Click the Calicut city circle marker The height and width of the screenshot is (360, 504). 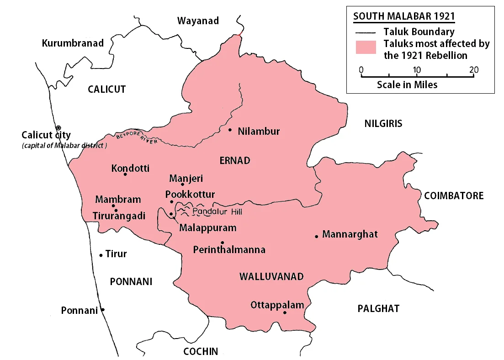(x=58, y=127)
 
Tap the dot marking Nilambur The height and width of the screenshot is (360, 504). (x=230, y=130)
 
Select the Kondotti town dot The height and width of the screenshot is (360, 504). (x=125, y=174)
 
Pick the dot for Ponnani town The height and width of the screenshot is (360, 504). (x=103, y=310)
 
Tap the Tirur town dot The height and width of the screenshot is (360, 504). (x=101, y=255)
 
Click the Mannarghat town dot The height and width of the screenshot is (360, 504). (x=316, y=236)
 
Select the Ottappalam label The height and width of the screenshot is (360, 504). (x=277, y=305)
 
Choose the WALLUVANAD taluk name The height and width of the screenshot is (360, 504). (x=271, y=276)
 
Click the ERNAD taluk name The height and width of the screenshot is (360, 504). (x=235, y=160)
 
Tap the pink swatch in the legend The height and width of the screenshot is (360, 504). (x=366, y=47)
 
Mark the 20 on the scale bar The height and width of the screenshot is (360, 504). (x=474, y=70)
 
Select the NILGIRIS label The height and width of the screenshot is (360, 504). (x=383, y=123)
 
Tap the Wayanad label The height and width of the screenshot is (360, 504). (x=198, y=21)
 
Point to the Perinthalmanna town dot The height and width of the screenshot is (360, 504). (x=222, y=242)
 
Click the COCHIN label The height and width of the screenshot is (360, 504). (x=200, y=351)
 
